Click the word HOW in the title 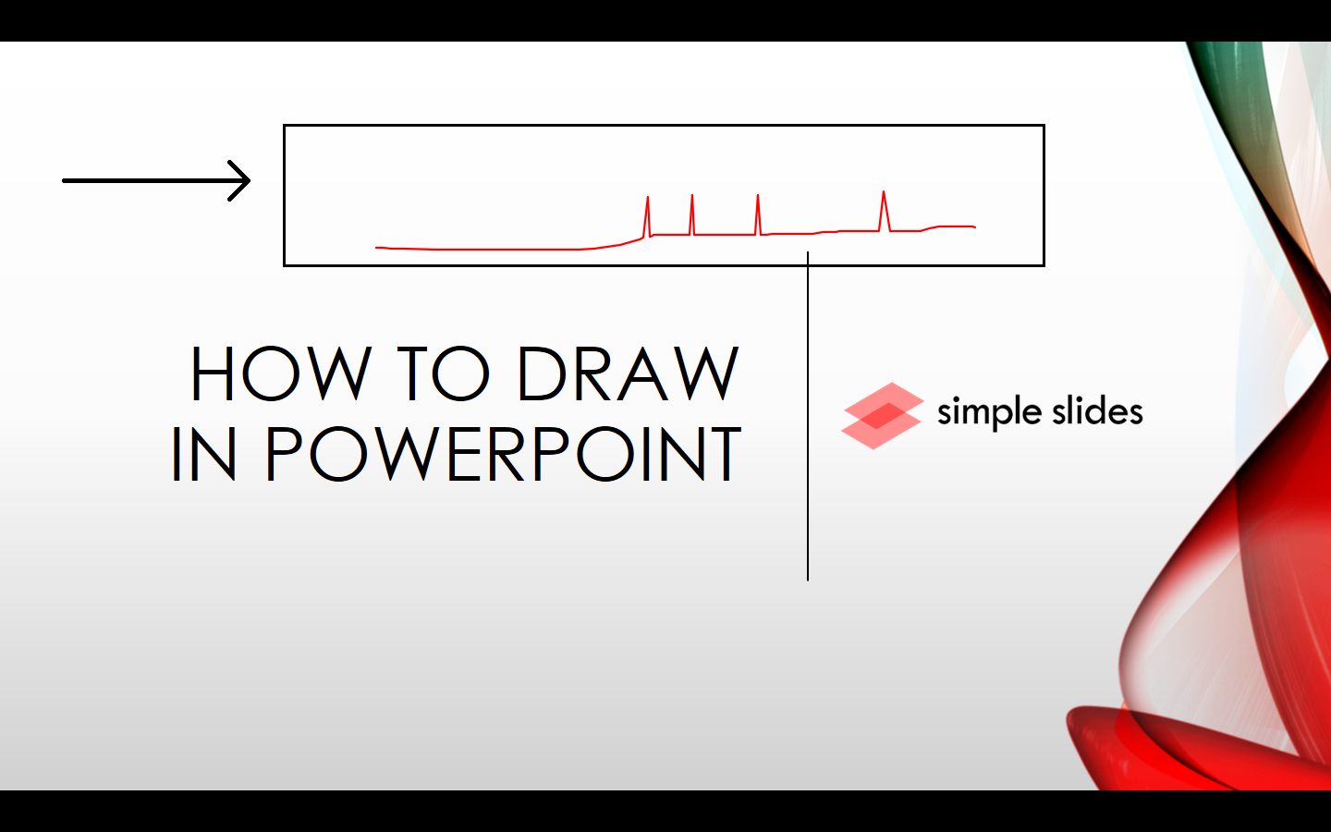click(280, 373)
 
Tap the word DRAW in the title click(628, 373)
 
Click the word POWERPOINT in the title click(503, 454)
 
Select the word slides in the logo click(1097, 411)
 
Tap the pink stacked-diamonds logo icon click(882, 416)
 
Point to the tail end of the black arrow click(65, 180)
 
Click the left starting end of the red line click(377, 247)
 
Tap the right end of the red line click(974, 226)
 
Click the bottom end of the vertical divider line click(808, 579)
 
